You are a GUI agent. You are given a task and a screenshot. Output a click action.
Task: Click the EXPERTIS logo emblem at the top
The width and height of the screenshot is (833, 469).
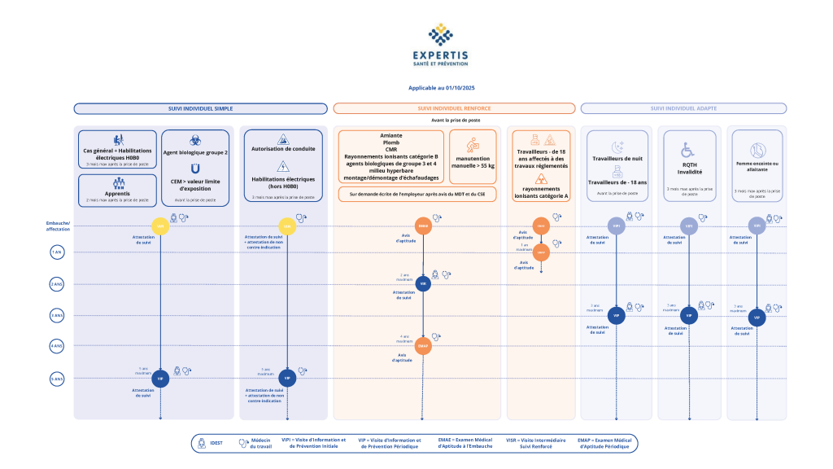(x=440, y=35)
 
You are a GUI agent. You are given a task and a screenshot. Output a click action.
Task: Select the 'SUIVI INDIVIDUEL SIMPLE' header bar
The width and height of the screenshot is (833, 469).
(x=200, y=108)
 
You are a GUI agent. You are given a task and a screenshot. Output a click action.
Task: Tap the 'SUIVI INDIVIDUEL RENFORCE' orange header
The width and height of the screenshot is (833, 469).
(x=454, y=108)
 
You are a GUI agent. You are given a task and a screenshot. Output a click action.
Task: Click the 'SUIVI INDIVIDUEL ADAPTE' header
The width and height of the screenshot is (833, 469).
(x=683, y=108)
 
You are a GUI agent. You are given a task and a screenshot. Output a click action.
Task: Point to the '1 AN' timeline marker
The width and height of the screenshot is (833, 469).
(x=57, y=252)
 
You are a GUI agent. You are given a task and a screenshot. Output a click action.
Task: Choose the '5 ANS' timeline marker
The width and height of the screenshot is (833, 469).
(x=57, y=378)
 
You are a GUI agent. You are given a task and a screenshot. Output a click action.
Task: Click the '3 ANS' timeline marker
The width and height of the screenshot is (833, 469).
(x=57, y=315)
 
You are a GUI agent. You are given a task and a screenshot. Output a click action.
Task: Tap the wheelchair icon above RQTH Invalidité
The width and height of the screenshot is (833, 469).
(x=688, y=150)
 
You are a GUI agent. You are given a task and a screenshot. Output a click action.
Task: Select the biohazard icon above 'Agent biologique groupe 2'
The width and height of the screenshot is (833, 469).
(x=195, y=140)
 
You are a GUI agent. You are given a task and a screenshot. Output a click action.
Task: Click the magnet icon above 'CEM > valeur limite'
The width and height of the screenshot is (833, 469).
(x=195, y=168)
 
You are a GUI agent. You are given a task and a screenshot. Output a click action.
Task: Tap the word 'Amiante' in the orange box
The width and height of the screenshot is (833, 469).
(x=391, y=135)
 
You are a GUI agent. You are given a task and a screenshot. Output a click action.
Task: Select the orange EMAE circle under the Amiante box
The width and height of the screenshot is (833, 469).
(x=423, y=226)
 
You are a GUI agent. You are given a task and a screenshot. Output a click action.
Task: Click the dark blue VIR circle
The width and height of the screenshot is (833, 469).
(x=423, y=284)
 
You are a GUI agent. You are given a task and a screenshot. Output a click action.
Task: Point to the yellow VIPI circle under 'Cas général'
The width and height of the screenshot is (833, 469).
(x=161, y=226)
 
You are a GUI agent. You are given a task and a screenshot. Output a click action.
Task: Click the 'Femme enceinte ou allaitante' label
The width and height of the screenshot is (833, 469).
(x=757, y=166)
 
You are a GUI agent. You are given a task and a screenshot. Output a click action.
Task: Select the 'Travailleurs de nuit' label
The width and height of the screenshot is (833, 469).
(x=617, y=160)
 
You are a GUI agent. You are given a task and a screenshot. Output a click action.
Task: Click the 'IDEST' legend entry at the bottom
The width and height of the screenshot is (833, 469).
(x=216, y=443)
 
